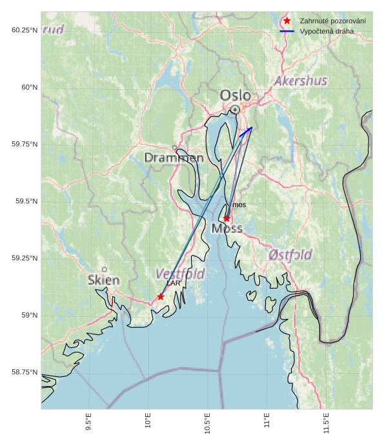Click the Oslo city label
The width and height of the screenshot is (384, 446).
[x=235, y=96]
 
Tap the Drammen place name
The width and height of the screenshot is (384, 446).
[x=174, y=157]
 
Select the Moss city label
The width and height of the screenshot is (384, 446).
[x=227, y=228]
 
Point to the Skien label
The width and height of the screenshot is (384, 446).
[x=103, y=280]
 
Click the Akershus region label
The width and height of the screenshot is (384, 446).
[x=300, y=81]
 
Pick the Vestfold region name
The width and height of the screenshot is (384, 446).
[x=180, y=274]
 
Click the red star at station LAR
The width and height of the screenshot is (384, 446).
[x=161, y=297]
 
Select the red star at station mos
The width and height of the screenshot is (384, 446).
[x=227, y=219]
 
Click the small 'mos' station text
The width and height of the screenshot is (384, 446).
[x=239, y=205]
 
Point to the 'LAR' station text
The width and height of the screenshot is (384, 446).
[x=173, y=283]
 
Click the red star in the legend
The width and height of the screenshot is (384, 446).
[x=287, y=21]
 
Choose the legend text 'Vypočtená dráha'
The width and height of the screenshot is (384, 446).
[x=327, y=31]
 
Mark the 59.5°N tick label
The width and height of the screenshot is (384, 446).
[x=25, y=201]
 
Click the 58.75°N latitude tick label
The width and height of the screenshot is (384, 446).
[x=25, y=372]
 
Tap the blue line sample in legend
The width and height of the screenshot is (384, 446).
[x=287, y=31]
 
